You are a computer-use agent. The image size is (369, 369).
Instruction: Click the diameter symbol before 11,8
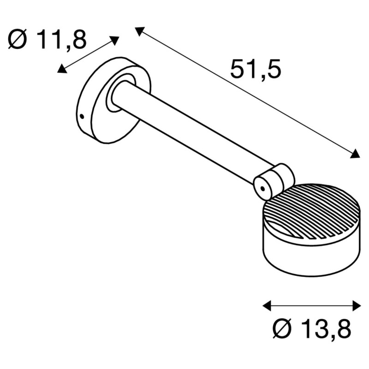(18, 41)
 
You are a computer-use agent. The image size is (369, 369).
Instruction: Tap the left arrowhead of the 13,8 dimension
(266, 305)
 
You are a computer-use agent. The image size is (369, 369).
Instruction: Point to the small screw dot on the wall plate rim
(82, 116)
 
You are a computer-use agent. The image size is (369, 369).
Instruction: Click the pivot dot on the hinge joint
(262, 188)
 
